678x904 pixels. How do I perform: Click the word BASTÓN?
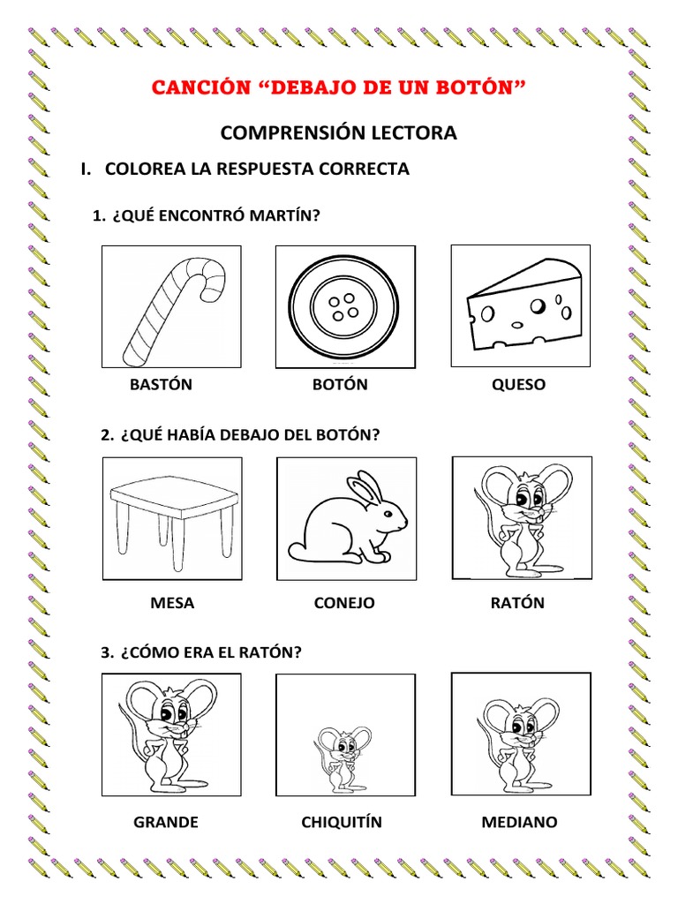click(x=161, y=385)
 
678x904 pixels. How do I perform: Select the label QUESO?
click(x=519, y=385)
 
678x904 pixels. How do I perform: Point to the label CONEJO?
click(x=344, y=604)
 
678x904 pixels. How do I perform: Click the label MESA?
click(x=172, y=604)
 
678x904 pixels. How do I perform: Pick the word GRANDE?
click(x=166, y=823)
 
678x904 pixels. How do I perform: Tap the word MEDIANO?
click(x=519, y=823)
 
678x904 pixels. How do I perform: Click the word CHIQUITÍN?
click(x=342, y=823)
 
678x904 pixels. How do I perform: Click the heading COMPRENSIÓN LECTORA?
click(x=339, y=133)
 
